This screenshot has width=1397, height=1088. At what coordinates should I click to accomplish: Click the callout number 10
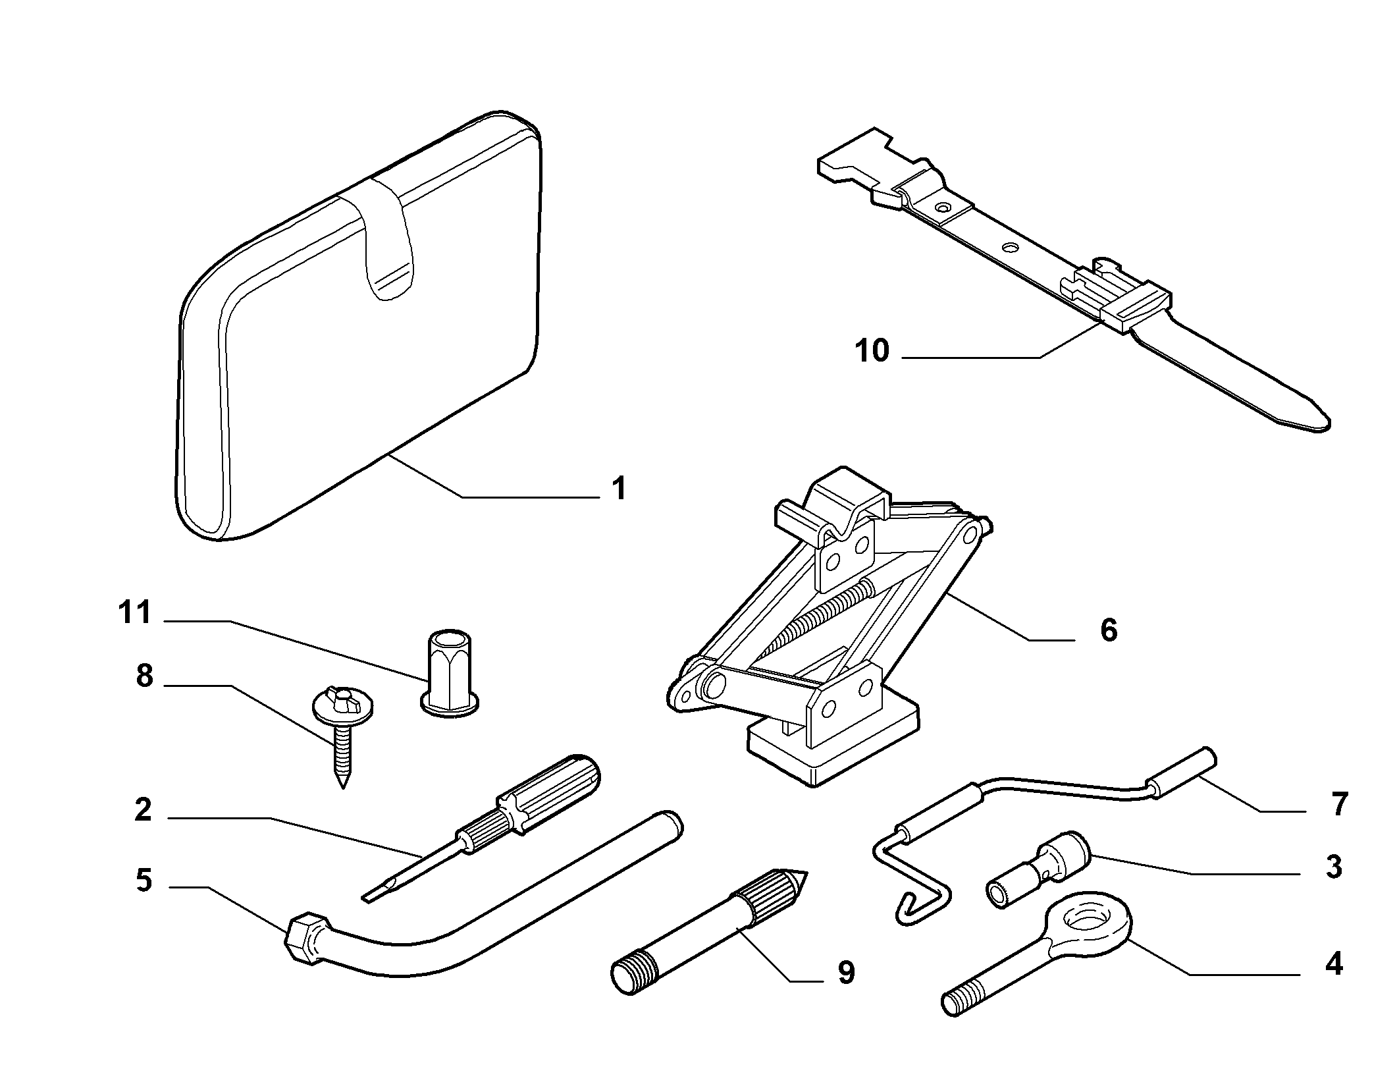[x=872, y=351]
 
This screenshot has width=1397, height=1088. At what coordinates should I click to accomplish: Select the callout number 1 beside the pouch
[x=618, y=489]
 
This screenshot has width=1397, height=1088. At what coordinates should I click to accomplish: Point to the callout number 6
[x=1109, y=630]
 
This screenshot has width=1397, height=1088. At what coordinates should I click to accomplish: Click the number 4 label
[x=1333, y=964]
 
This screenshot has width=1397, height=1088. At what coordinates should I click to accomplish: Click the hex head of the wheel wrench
[x=304, y=938]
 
